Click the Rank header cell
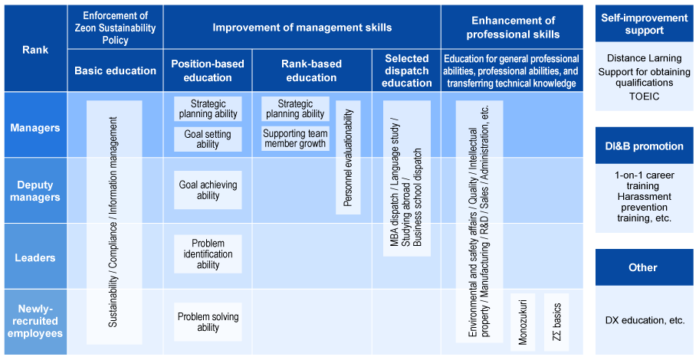point(34,48)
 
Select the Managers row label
point(34,127)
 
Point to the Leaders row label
point(34,258)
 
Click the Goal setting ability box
point(208,139)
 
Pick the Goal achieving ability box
point(208,190)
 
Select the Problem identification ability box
point(208,254)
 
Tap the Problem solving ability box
point(208,322)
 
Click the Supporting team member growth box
point(295,139)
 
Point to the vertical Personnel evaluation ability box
point(348,158)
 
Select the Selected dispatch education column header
point(406,71)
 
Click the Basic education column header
point(115,71)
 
